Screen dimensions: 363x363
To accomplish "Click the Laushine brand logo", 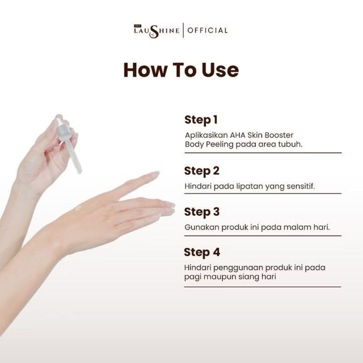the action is click(x=156, y=31).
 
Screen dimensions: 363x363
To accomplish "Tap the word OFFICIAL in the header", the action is click(x=207, y=30).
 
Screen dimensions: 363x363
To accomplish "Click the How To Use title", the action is click(x=181, y=69).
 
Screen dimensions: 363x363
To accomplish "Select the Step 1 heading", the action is click(x=201, y=120).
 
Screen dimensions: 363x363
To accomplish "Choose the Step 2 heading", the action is click(x=201, y=171).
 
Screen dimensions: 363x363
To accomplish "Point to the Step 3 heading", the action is click(x=201, y=212).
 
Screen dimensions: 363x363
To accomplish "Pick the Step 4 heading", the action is click(x=201, y=252).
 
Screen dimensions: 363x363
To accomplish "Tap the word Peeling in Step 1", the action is click(x=219, y=144).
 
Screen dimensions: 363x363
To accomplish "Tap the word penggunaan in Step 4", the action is click(x=238, y=268).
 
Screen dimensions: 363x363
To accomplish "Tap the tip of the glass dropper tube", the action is click(x=79, y=171).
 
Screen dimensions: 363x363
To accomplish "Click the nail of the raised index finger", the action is click(x=154, y=173).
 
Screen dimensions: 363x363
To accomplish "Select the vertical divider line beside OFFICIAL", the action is click(x=183, y=30).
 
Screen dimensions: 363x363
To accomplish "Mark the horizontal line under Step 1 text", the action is click(x=263, y=153).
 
